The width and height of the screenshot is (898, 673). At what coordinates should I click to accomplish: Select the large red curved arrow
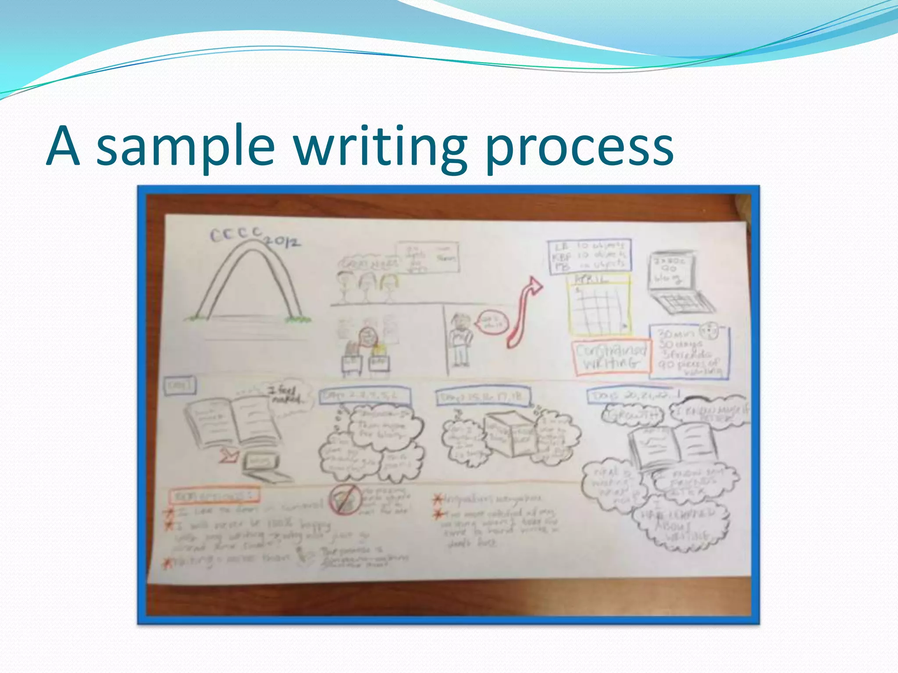(x=524, y=311)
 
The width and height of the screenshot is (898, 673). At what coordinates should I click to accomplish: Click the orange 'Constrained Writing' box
(x=611, y=357)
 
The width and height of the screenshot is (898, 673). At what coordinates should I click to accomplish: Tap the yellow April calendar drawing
(x=599, y=305)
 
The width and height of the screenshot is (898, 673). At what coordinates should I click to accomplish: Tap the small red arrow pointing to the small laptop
(x=228, y=456)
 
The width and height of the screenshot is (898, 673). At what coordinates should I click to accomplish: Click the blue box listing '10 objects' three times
(x=590, y=257)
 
